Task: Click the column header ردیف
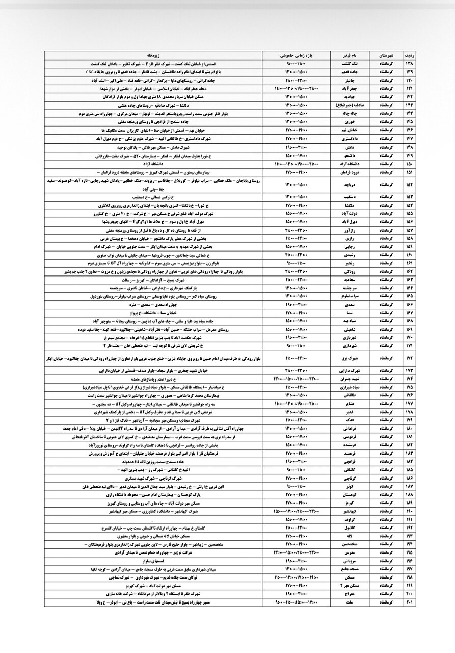pos(409,55)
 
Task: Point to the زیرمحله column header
pos(153,55)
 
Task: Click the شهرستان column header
pos(384,55)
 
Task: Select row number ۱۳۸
pos(409,64)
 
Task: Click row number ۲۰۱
pos(409,602)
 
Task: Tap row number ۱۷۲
pos(409,359)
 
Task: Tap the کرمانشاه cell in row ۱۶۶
pos(384,305)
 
